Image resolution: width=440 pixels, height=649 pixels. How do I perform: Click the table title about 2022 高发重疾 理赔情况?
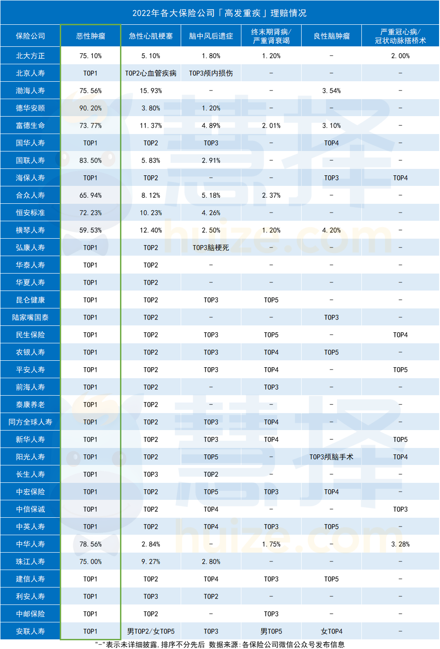(x=219, y=13)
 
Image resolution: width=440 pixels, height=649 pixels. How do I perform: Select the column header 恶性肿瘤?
(x=91, y=36)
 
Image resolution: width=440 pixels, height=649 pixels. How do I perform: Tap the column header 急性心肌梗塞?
(x=151, y=36)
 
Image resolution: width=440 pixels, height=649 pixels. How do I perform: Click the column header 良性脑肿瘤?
(x=331, y=36)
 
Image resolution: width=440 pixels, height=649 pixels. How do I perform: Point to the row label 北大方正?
(x=30, y=56)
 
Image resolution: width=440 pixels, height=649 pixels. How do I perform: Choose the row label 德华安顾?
(x=30, y=108)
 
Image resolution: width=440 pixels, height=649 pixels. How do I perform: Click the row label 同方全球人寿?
(x=30, y=422)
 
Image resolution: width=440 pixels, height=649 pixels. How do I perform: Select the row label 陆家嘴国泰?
(x=30, y=317)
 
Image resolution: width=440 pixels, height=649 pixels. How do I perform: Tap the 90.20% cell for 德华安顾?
(x=91, y=108)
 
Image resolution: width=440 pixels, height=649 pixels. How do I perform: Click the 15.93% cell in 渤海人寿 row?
(x=151, y=90)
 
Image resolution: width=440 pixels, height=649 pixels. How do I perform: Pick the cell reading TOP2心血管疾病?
(x=151, y=73)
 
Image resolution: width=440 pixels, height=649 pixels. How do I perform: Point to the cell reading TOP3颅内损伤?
(x=211, y=73)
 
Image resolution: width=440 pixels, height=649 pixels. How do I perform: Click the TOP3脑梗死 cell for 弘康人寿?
(x=211, y=247)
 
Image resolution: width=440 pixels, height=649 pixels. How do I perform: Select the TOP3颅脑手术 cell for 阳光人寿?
(x=331, y=457)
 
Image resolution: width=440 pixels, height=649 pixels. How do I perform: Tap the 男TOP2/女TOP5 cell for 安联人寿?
(x=151, y=631)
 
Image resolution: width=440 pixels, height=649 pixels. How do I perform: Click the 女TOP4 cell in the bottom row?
(x=331, y=631)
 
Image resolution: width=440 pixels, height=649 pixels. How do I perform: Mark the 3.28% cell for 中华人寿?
(x=400, y=544)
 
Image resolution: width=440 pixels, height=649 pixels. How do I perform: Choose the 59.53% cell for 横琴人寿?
(x=91, y=230)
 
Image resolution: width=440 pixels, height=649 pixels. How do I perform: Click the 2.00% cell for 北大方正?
(x=400, y=56)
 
